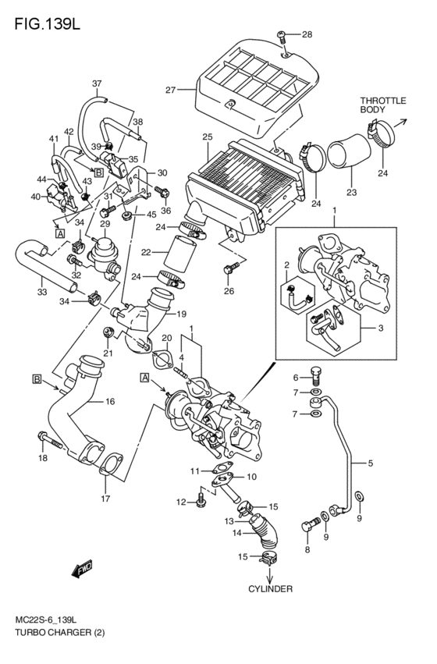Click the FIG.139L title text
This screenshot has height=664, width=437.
pos(47,24)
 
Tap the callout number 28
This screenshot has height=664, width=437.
pos(307,34)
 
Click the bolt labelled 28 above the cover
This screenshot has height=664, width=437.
pos(282,36)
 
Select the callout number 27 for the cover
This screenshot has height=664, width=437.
pos(170,90)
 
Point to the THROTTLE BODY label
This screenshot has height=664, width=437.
pos(383,105)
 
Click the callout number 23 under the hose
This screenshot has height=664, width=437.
pos(351,192)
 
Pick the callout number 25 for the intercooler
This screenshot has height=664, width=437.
pos(207,137)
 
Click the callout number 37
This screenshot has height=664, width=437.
pos(97,83)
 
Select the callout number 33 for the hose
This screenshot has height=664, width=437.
pos(41,292)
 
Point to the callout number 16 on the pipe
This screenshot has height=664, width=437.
pos(110,401)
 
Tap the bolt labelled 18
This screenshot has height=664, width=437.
pos(50,439)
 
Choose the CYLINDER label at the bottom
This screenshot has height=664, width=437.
pos(270,588)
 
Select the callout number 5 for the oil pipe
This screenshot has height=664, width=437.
pos(371,463)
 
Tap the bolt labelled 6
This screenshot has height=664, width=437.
pos(316,374)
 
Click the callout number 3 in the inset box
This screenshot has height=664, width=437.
pos(381,328)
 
